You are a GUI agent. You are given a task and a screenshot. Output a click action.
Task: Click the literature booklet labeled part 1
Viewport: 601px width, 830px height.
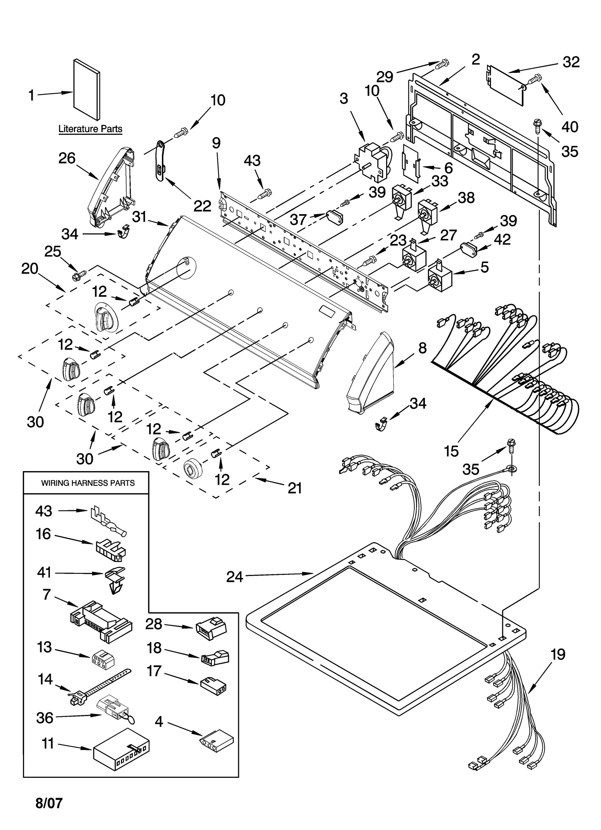[86, 89]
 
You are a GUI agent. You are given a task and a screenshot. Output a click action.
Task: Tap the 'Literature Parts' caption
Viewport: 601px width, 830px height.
[90, 129]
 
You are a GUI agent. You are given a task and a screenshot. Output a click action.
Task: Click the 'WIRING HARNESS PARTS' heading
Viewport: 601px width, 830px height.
[88, 483]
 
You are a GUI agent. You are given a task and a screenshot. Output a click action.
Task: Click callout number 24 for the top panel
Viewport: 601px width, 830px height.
[234, 576]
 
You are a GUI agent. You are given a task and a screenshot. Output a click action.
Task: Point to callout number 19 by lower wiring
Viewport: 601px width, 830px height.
[558, 655]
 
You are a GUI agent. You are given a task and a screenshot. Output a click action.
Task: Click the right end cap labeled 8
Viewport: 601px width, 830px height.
[370, 374]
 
